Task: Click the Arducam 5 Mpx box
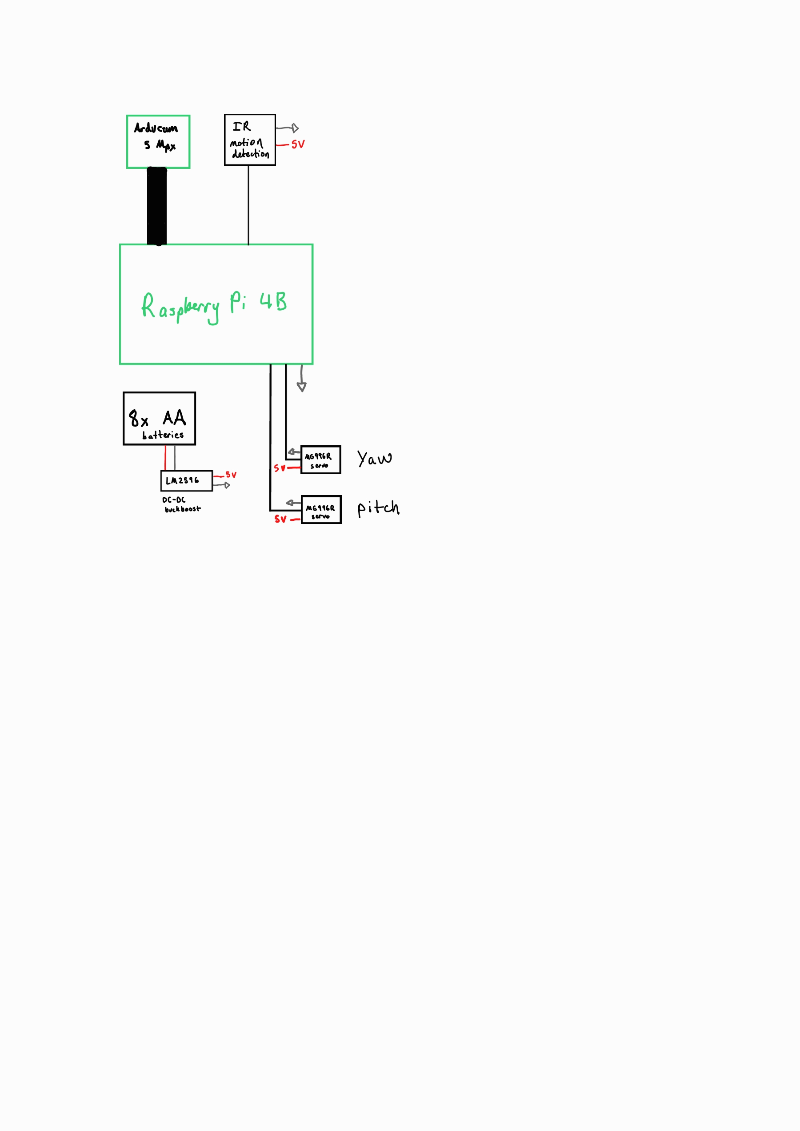tap(158, 142)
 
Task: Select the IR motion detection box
tap(250, 140)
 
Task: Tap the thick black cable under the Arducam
tap(156, 206)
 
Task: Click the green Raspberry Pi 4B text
tap(214, 306)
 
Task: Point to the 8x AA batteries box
tap(159, 419)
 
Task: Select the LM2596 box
tap(186, 481)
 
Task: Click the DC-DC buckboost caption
tap(181, 504)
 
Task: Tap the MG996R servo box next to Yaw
tap(320, 460)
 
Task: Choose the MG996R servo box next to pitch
tap(321, 510)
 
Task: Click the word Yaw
tap(374, 459)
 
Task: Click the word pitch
tap(378, 508)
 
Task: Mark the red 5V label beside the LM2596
tap(231, 475)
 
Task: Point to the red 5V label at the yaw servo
tap(279, 468)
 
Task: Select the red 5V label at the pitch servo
tap(280, 519)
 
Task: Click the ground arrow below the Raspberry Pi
tap(301, 386)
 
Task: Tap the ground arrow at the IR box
tap(294, 128)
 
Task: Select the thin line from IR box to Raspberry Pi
tap(248, 204)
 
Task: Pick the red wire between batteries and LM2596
tap(165, 458)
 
